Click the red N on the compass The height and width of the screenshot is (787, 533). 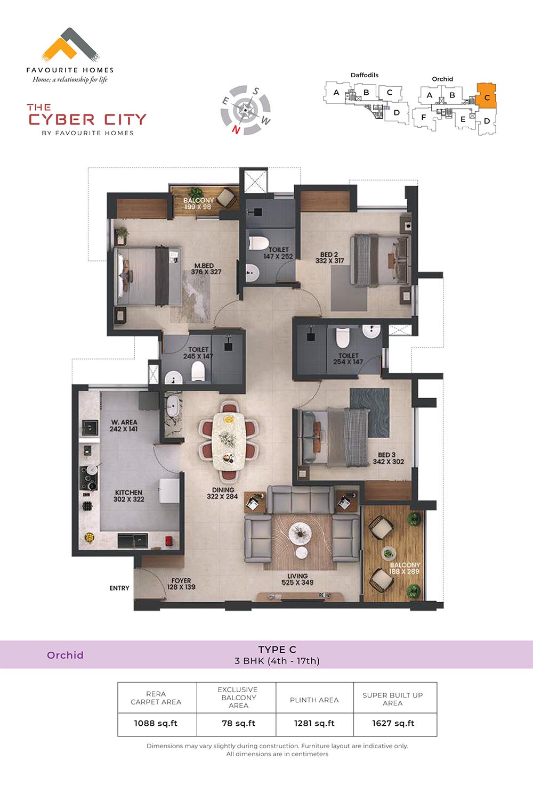236,129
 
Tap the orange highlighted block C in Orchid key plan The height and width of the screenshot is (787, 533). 486,96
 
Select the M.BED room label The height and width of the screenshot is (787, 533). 204,266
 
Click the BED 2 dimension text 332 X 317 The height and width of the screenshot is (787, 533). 329,261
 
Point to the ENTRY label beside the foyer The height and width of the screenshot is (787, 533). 119,588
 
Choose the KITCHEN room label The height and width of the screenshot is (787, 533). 128,493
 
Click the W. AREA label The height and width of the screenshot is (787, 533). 124,422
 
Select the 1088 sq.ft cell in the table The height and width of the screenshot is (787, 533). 156,724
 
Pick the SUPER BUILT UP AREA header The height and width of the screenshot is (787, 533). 393,699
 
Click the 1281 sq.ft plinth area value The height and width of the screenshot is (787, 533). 314,724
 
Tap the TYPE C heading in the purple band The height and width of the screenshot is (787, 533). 277,650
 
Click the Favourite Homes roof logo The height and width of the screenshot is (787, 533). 70,45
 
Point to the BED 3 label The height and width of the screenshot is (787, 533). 387,455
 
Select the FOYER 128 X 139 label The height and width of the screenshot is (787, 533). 181,584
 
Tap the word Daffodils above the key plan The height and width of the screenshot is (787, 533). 365,75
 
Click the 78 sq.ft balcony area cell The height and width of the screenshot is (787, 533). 238,724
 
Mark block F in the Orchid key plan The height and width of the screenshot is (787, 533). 423,117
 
